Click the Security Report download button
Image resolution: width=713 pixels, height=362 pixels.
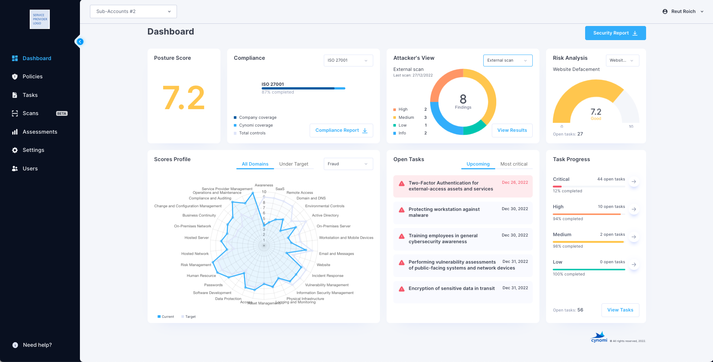click(615, 33)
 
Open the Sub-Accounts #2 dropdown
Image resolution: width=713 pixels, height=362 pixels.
click(133, 12)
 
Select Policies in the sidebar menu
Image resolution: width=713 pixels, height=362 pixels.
click(32, 76)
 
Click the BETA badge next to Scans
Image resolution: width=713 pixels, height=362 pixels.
click(62, 114)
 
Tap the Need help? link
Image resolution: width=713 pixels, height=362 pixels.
click(37, 345)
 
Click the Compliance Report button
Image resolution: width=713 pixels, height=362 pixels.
click(341, 130)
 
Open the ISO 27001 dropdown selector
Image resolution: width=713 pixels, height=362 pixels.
click(348, 61)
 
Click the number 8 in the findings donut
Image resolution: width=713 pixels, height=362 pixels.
click(463, 99)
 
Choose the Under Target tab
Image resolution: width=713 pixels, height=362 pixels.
click(294, 164)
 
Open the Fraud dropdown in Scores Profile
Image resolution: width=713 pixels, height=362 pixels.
click(348, 164)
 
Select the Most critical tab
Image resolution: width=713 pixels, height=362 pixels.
click(514, 164)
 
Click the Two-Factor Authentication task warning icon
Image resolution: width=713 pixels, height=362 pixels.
click(401, 183)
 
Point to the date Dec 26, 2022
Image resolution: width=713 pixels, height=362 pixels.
click(515, 183)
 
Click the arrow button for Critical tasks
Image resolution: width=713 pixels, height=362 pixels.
click(634, 182)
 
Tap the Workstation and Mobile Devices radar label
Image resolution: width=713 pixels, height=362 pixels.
click(346, 238)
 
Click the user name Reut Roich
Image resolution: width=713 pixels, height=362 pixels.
click(683, 12)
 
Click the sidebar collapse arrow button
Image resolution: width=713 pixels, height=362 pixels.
click(80, 42)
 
